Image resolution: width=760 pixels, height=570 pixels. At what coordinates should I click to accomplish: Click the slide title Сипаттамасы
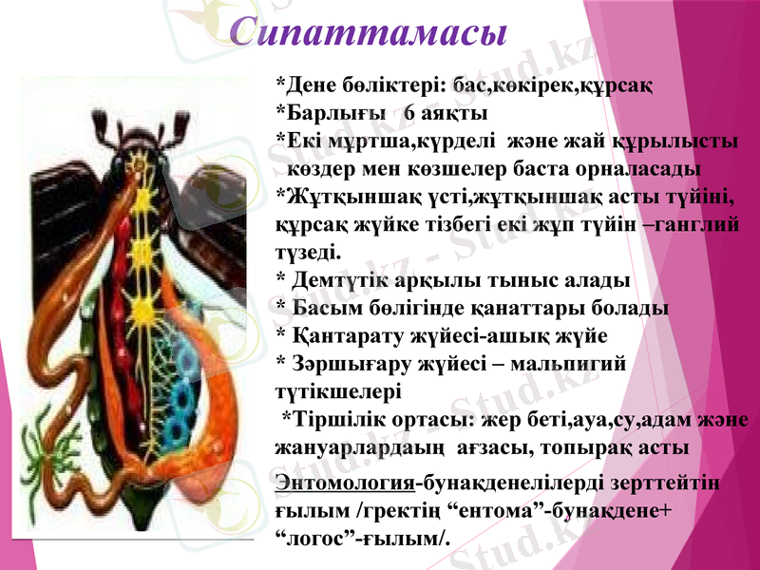(370, 31)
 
